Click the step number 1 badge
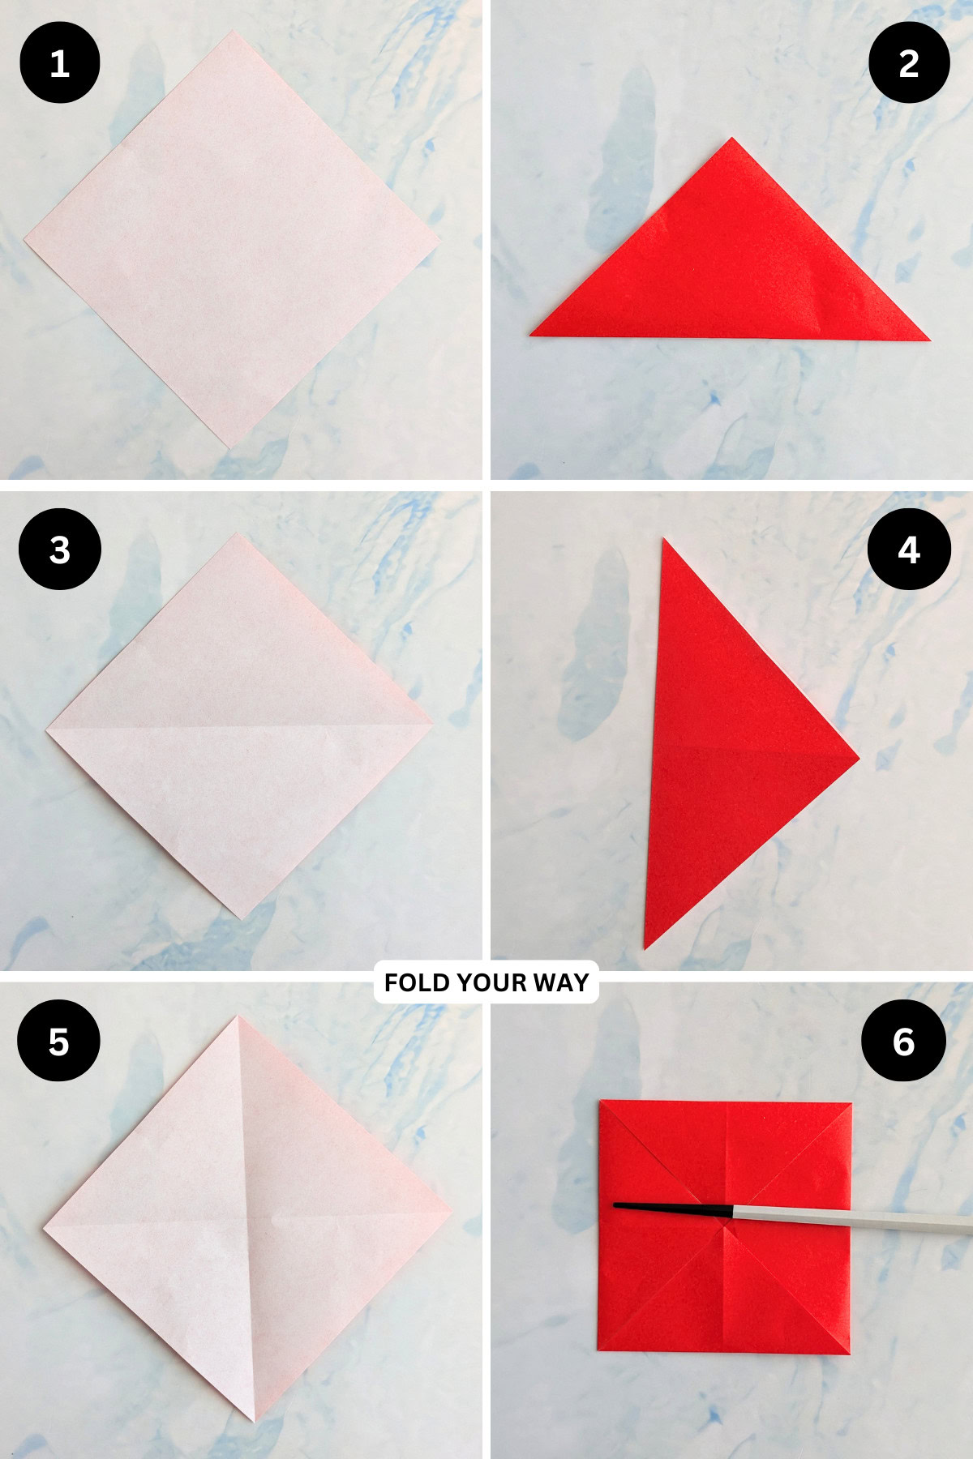(60, 62)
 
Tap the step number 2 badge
(909, 62)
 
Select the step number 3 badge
(60, 550)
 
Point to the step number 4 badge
(909, 550)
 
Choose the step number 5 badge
(58, 1041)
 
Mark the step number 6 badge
(903, 1041)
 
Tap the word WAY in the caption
(561, 982)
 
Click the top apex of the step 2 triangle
(731, 139)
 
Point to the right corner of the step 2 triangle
(928, 339)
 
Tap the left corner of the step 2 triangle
(532, 333)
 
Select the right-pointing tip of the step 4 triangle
(858, 759)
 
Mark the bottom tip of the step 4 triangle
(645, 945)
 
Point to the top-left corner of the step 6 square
(602, 1102)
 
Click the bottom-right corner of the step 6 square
(848, 1352)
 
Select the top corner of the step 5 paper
(238, 1018)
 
